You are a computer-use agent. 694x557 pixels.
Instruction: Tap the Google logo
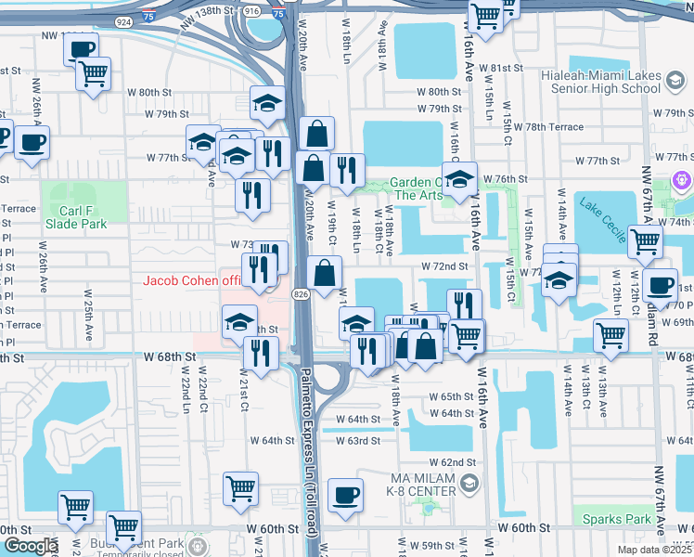[x=30, y=546]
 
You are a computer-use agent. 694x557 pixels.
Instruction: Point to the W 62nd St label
[x=452, y=462]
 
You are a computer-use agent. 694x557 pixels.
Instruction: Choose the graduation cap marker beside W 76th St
[x=458, y=179]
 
